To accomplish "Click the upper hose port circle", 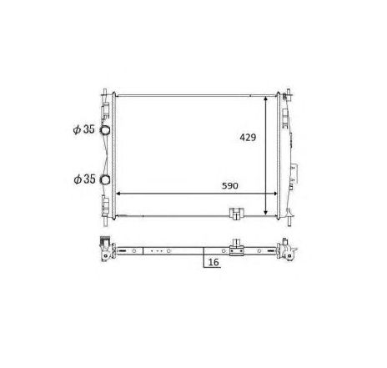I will (x=104, y=130).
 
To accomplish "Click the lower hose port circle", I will (x=104, y=180).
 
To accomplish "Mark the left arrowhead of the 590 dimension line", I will (x=118, y=194).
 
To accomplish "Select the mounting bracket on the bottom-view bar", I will (x=237, y=247).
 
